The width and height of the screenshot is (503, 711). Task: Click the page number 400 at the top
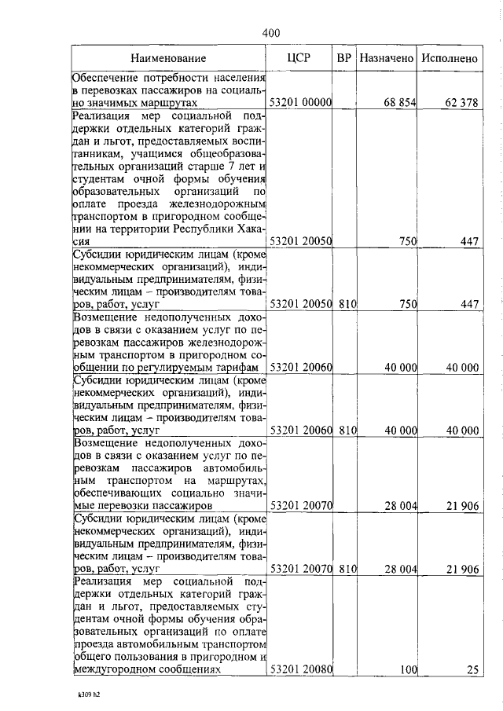point(270,32)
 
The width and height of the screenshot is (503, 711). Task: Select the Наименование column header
point(168,58)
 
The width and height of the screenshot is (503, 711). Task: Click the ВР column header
point(343,57)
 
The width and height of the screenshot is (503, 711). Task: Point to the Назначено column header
point(386,58)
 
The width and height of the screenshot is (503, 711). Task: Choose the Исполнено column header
point(449,58)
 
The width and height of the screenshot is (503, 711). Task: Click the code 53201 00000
point(302,103)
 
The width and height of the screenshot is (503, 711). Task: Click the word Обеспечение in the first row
point(106,78)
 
